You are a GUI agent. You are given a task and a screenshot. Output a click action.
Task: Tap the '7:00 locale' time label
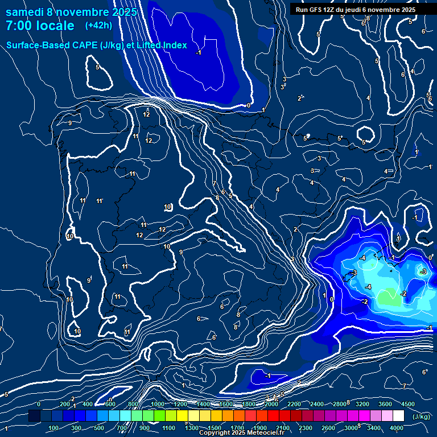40,26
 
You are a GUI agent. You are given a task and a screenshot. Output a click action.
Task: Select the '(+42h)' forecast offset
98,25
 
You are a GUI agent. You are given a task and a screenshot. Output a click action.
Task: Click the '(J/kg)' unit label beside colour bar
421,417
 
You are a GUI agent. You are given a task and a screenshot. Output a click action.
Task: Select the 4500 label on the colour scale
407,404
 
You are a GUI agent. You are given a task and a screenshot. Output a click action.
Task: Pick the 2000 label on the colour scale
271,404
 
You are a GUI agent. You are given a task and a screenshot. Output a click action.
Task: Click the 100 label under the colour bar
54,428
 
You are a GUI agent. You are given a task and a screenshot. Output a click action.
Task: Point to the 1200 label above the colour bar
180,404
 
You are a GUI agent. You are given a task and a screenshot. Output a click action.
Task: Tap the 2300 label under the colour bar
305,428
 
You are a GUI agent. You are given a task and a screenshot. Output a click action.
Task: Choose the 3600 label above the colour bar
385,404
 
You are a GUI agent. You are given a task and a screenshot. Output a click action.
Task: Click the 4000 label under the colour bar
397,428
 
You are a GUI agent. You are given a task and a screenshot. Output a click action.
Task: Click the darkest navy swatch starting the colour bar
34,417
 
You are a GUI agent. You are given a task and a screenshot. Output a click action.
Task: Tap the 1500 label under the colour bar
215,428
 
